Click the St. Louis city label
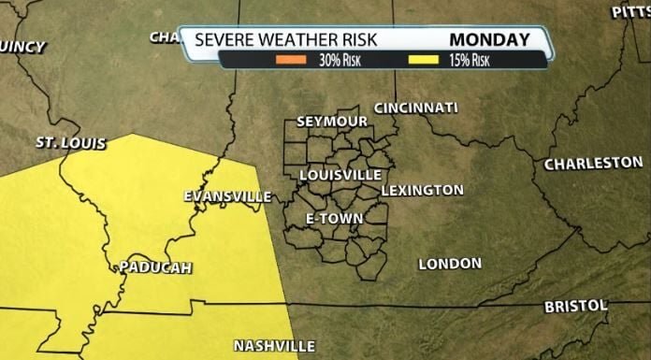click(x=70, y=144)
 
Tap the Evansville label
click(x=227, y=196)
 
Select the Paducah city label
click(x=155, y=267)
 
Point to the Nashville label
click(x=274, y=345)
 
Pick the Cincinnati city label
click(x=416, y=108)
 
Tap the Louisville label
click(x=340, y=175)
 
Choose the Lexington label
click(x=422, y=190)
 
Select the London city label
click(x=450, y=264)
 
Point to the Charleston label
click(x=594, y=164)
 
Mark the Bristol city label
click(x=576, y=306)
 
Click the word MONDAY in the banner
click(x=489, y=40)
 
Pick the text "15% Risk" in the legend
click(x=469, y=61)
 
